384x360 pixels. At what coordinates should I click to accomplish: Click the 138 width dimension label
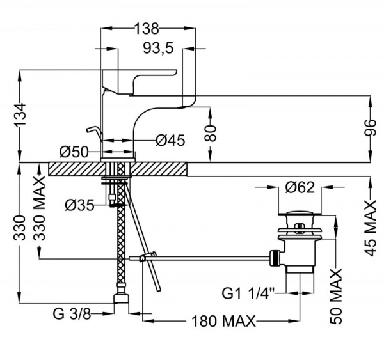[147, 28]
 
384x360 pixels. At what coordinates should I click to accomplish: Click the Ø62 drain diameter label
[299, 187]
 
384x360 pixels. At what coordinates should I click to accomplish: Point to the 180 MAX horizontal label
[223, 320]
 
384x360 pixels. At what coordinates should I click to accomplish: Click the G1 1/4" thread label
[248, 293]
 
